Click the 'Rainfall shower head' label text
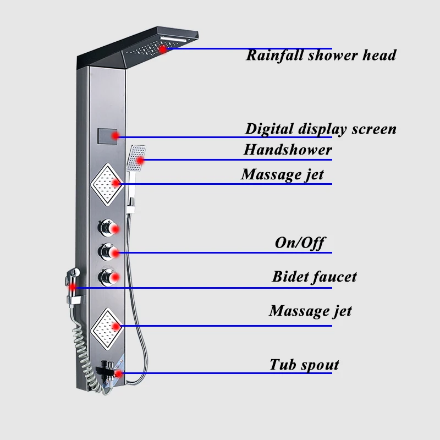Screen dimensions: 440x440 coord(321,56)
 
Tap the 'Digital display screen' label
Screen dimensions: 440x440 coord(321,129)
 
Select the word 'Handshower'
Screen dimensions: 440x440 coord(288,150)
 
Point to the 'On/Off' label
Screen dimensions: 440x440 coord(300,243)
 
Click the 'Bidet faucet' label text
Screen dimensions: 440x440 coord(314,277)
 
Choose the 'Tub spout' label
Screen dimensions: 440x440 coord(304,365)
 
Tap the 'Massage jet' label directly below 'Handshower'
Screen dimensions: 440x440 coord(282,175)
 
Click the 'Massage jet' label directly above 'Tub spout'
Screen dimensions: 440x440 coord(310,311)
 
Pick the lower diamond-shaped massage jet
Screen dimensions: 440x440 coord(107,326)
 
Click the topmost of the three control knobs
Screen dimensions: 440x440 coord(107,227)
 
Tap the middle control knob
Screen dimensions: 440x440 coord(107,252)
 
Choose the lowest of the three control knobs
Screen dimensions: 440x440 coord(107,277)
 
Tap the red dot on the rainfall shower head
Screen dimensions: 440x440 coord(163,49)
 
